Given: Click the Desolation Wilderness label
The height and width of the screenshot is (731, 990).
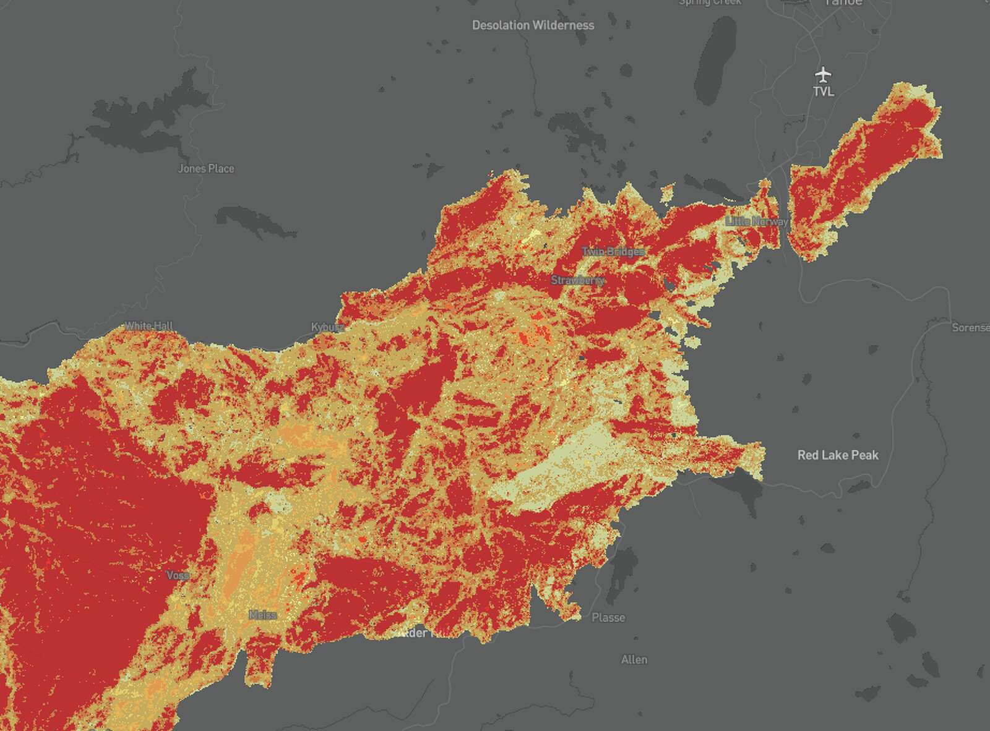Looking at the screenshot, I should click(x=533, y=25).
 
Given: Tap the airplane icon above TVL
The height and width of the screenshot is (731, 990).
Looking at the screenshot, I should click(x=823, y=75).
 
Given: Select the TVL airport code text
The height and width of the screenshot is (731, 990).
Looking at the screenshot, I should click(x=823, y=92).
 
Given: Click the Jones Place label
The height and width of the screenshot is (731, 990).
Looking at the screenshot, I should click(x=206, y=168).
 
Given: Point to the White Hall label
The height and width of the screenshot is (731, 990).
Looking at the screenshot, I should click(x=149, y=326).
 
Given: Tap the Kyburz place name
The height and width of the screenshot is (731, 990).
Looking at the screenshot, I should click(x=327, y=327).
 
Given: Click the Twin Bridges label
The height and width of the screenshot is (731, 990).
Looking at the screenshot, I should click(x=613, y=252).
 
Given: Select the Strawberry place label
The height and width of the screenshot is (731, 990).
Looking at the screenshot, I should click(x=577, y=280).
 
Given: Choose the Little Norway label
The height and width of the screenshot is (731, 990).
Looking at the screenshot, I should click(x=757, y=221).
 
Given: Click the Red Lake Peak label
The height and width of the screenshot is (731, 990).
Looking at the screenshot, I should click(x=837, y=455).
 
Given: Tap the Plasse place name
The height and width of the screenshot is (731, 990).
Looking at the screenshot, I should click(x=608, y=617).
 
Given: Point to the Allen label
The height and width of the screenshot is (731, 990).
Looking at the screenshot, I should click(x=634, y=660).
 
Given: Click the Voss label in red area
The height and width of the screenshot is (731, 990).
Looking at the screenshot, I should click(x=178, y=575).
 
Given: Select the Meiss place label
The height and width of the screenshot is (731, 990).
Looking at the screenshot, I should click(x=262, y=615).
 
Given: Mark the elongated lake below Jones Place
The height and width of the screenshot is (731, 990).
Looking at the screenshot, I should click(x=254, y=223).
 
